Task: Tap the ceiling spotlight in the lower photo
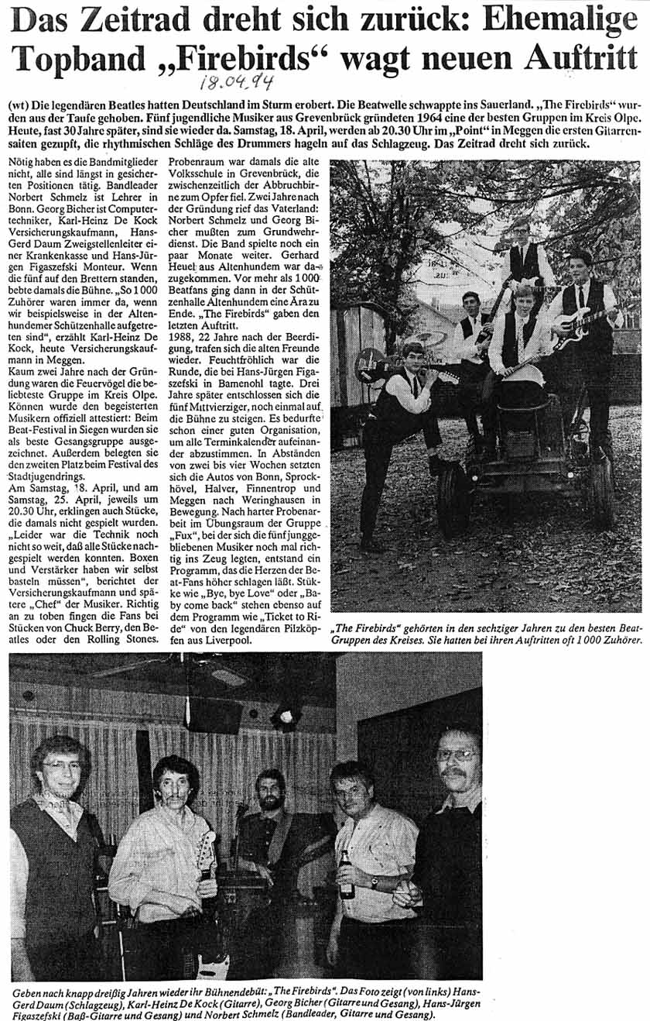[285, 714]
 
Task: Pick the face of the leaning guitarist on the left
[413, 358]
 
